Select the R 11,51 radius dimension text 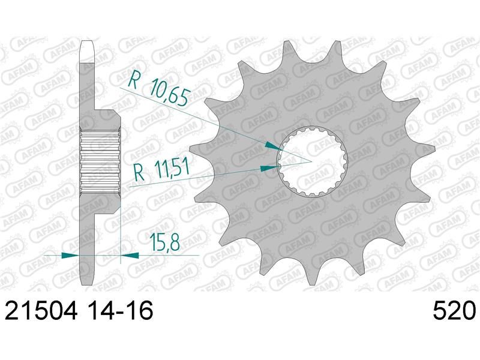point(161,170)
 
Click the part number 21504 point(41,310)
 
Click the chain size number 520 point(454,310)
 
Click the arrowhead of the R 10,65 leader point(273,145)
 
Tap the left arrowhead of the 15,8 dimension point(71,255)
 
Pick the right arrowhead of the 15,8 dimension point(130,255)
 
